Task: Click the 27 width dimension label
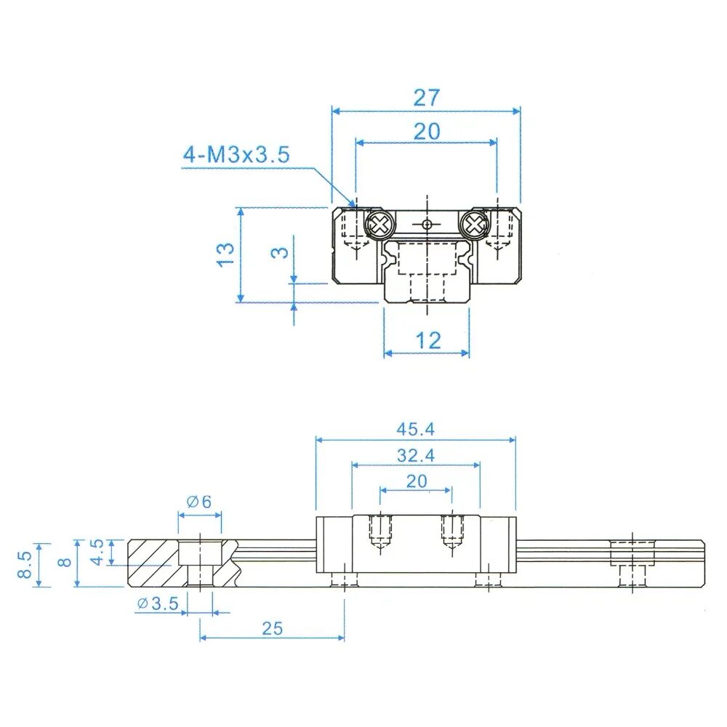point(427,97)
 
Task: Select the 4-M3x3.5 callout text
point(236,154)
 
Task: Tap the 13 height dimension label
point(226,253)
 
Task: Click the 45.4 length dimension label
point(415,429)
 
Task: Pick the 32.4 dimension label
point(415,456)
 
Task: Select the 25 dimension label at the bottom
point(272,628)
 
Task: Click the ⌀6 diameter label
point(198,501)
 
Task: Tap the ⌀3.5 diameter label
point(157,603)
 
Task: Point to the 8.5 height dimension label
point(24,564)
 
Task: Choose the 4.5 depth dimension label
point(97,551)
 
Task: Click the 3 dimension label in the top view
point(281,252)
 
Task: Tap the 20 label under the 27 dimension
point(427,132)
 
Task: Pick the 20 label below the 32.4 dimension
point(416,481)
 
